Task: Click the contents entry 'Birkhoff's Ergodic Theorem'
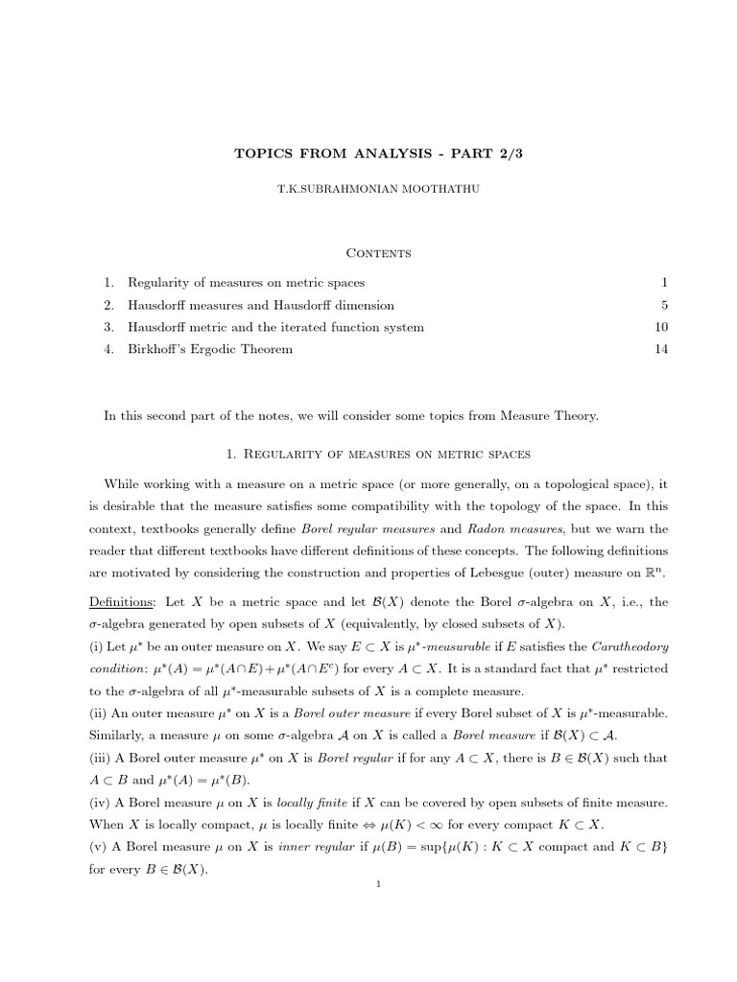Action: [x=210, y=350]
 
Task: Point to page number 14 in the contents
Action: [x=659, y=350]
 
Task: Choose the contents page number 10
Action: [x=659, y=328]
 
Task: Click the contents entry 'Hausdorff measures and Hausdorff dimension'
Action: [x=260, y=306]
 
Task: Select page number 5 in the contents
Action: [x=663, y=306]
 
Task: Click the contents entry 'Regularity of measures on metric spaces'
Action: [x=246, y=283]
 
